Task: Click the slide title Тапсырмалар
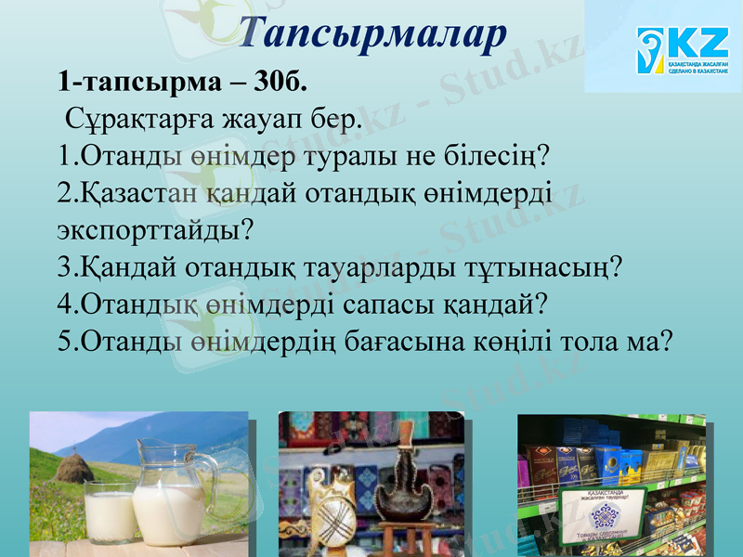point(371,32)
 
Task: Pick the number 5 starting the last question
point(63,341)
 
